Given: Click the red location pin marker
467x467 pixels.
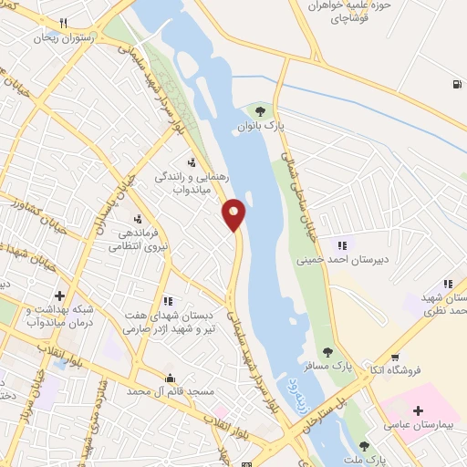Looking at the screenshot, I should [234, 213].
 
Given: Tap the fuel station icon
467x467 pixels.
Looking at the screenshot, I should [454, 85].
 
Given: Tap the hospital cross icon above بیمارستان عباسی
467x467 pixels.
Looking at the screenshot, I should [418, 411].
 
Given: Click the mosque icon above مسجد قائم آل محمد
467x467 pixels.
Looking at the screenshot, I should [169, 378].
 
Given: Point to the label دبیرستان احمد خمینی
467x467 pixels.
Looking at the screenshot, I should [337, 259].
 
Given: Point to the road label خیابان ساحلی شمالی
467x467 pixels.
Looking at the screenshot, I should [301, 196].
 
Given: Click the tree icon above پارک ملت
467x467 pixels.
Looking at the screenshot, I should [364, 446].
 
